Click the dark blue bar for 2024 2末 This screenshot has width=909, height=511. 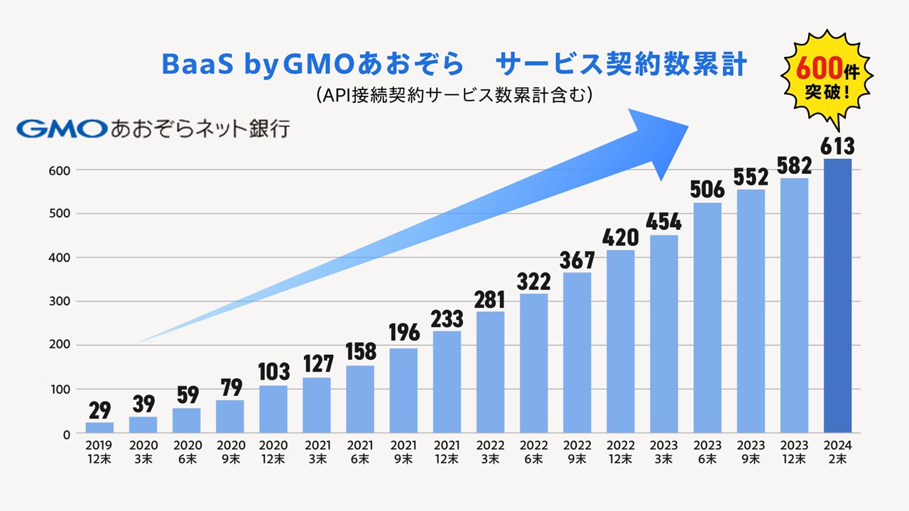(837, 296)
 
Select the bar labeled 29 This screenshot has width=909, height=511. (99, 427)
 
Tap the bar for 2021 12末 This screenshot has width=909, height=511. (447, 382)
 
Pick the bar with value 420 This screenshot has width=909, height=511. (621, 341)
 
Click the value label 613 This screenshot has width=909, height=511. (837, 146)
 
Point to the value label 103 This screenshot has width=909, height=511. (273, 371)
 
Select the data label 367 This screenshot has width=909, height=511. (577, 260)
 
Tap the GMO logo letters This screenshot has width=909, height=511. (62, 128)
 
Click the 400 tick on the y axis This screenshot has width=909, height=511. (60, 258)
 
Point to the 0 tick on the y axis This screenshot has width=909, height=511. (65, 434)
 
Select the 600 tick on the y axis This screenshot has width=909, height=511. (60, 170)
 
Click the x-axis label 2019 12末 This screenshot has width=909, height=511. (99, 452)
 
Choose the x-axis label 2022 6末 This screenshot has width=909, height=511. (534, 452)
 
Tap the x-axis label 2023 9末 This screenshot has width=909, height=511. (751, 452)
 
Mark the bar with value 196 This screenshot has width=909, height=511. (403, 390)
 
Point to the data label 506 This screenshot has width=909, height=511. (707, 189)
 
